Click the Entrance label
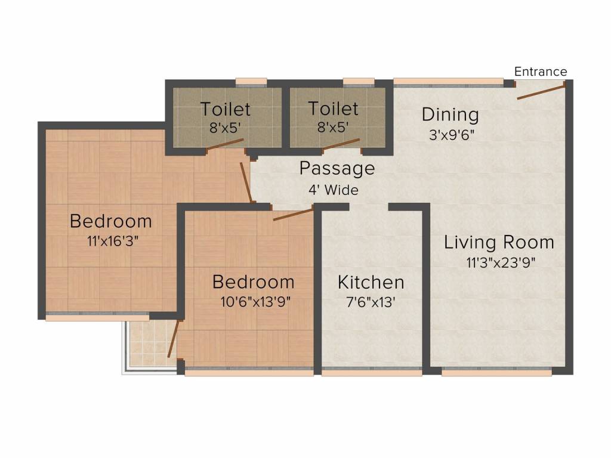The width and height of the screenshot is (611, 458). (541, 72)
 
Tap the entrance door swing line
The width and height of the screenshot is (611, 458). (541, 91)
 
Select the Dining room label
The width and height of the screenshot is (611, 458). (450, 114)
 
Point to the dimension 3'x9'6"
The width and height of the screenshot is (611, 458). (452, 135)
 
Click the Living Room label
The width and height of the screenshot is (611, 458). (499, 242)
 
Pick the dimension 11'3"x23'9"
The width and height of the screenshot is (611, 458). (501, 263)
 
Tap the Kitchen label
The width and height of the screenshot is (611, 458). (371, 282)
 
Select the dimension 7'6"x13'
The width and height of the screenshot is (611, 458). (371, 302)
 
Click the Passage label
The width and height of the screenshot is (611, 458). (337, 169)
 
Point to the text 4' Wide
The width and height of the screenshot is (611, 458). (334, 190)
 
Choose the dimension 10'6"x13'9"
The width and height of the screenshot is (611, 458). (255, 302)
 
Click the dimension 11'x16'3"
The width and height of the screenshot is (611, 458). (113, 242)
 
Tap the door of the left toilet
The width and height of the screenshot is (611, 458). (225, 144)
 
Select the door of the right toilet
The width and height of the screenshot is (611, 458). (341, 144)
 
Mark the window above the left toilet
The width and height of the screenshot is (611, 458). (251, 82)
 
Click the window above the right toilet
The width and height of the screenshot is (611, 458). (359, 82)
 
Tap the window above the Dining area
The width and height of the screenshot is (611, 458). (449, 82)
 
